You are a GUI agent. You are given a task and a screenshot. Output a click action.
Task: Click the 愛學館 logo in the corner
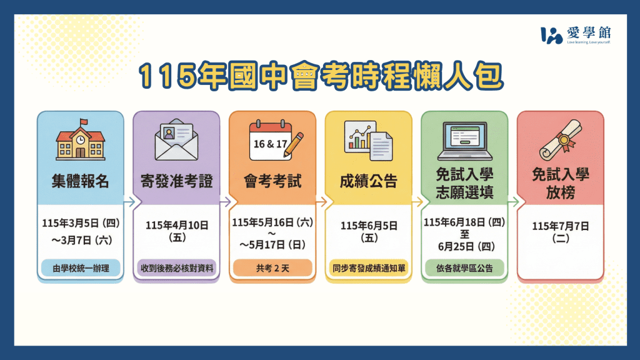pos(575,35)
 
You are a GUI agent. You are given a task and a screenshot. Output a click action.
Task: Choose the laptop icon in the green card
pos(464,141)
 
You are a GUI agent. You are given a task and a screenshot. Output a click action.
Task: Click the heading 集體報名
pos(80,182)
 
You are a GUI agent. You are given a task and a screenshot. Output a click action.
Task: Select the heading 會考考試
pos(272,182)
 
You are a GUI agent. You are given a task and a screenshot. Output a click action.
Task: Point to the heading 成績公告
pos(369,182)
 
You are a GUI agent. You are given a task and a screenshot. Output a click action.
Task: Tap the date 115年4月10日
pos(176,226)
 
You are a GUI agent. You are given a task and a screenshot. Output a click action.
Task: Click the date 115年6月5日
pos(369,226)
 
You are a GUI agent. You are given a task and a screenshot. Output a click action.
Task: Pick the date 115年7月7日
pos(560,226)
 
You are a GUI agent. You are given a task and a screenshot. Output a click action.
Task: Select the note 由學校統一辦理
pos(80,267)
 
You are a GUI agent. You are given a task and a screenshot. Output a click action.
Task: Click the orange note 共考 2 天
pos(272,267)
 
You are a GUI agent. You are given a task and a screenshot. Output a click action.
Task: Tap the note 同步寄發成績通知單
pos(369,267)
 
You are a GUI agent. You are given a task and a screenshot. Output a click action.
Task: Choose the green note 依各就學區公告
pos(464,267)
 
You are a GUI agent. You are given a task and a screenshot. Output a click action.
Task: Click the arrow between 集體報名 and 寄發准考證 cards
pos(128,202)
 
